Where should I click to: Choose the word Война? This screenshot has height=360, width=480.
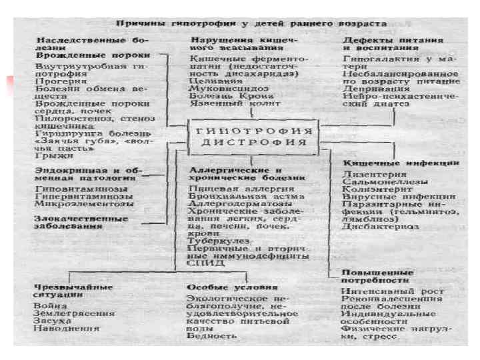(x=49, y=305)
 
